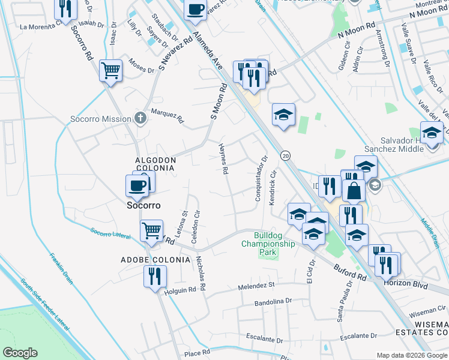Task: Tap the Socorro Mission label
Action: click(x=100, y=119)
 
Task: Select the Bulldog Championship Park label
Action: click(x=268, y=244)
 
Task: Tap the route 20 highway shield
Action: click(x=285, y=155)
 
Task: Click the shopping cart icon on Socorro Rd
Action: click(x=111, y=71)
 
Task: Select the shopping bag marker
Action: click(x=354, y=191)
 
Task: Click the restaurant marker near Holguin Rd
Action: click(x=155, y=277)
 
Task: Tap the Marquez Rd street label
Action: click(x=167, y=115)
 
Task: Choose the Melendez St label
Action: click(x=255, y=286)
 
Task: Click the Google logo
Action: click(x=20, y=353)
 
